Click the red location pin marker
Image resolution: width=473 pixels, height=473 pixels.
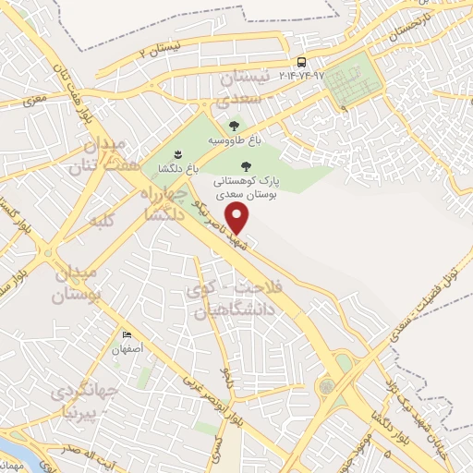(x=238, y=219)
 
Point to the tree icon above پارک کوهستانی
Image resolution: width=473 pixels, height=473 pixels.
(x=245, y=166)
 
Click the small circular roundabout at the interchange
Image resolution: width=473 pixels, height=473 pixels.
(x=327, y=385)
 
